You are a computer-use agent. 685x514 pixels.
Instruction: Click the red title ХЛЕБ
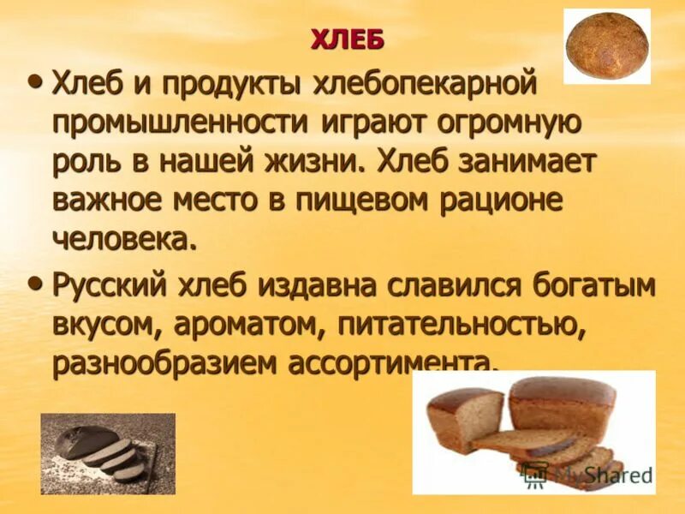pyautogui.click(x=347, y=40)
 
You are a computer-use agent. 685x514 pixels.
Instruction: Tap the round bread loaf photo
pyautogui.click(x=606, y=46)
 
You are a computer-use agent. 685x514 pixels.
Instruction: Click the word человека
pyautogui.click(x=123, y=238)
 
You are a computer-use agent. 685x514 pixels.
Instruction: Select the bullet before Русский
pyautogui.click(x=35, y=282)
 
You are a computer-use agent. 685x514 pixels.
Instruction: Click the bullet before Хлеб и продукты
pyautogui.click(x=35, y=81)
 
